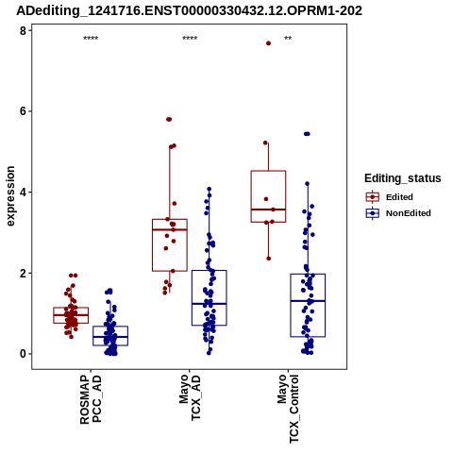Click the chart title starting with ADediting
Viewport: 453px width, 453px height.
(189, 10)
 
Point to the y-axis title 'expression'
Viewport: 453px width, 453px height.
(10, 196)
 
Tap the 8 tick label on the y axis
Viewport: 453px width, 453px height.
(23, 30)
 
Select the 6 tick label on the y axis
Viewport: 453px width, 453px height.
(23, 111)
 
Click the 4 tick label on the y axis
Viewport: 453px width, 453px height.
(23, 193)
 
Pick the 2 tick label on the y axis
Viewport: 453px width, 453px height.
(23, 273)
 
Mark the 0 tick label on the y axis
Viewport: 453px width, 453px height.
(23, 354)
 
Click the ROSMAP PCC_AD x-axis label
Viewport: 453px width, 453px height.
(91, 399)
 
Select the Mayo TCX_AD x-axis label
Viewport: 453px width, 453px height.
(190, 397)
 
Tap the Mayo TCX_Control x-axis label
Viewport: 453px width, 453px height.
(288, 409)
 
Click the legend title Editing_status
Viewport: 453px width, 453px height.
(403, 178)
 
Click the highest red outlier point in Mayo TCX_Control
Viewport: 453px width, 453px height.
(268, 43)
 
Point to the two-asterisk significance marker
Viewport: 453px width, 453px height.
(288, 39)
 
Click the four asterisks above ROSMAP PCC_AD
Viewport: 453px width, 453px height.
(91, 39)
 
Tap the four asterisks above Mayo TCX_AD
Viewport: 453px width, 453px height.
(190, 39)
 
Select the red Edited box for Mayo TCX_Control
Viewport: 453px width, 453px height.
(251, 196)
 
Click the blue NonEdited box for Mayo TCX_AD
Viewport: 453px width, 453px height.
(193, 297)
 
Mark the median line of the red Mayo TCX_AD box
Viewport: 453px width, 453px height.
(170, 229)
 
